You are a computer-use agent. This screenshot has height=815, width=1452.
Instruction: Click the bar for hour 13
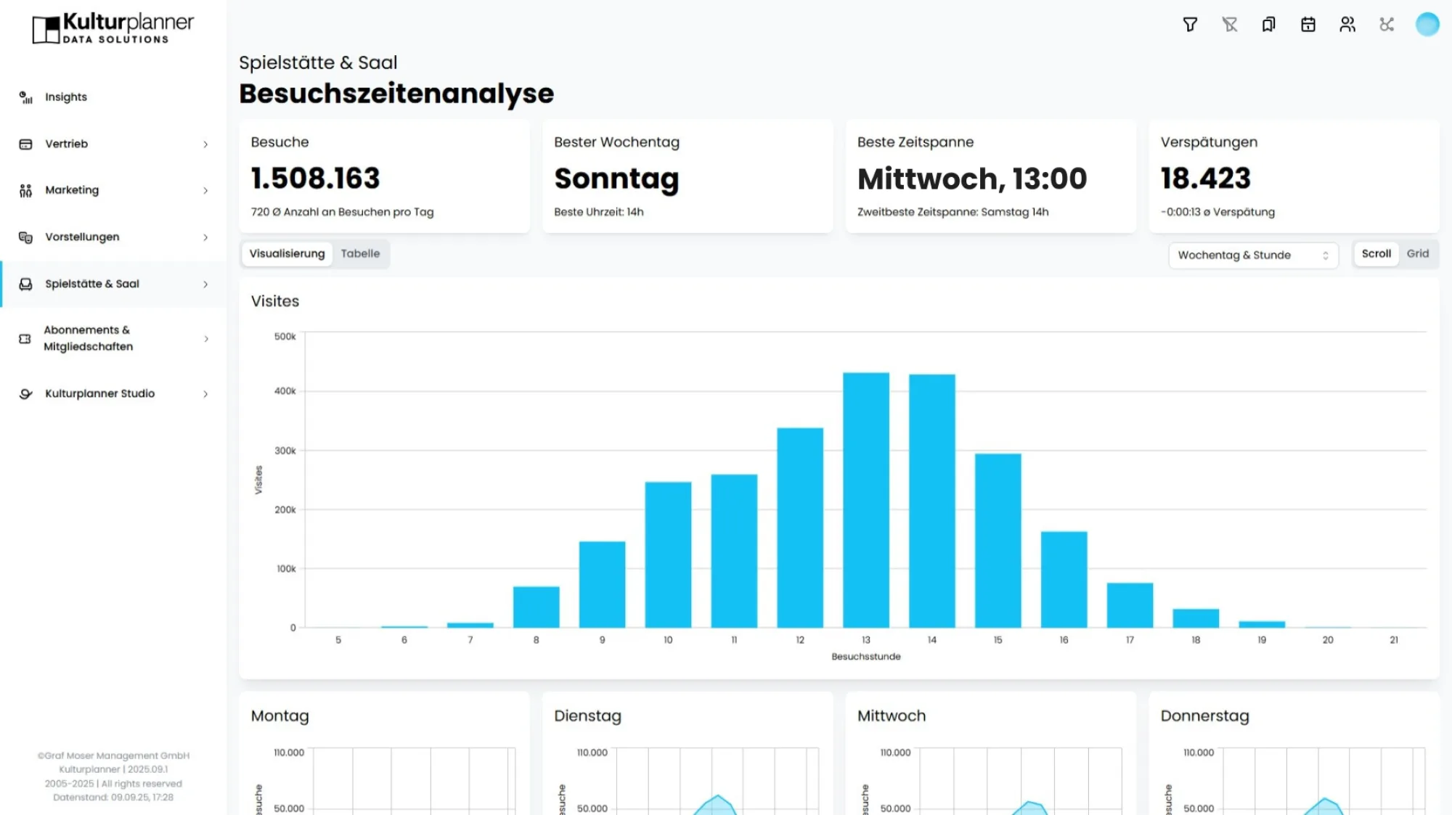tap(865, 500)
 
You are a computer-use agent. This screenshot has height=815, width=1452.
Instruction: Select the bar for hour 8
tap(536, 607)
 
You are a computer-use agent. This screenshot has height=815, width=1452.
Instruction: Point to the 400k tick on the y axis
tap(285, 391)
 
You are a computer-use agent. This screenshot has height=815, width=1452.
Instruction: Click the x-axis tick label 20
tap(1327, 640)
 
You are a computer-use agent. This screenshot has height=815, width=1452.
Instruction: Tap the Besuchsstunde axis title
tap(865, 657)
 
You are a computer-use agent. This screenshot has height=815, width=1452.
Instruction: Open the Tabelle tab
tap(360, 254)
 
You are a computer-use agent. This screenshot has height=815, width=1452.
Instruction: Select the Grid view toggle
tap(1417, 254)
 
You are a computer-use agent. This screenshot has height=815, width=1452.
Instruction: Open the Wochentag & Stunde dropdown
tap(1252, 255)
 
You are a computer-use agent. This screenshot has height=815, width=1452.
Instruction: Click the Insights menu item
tap(66, 97)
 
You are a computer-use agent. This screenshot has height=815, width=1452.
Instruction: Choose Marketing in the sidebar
tap(72, 190)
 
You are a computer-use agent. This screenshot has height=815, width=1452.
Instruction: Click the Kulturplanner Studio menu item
tap(99, 393)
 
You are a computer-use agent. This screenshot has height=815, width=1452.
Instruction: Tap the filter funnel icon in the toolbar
tap(1190, 25)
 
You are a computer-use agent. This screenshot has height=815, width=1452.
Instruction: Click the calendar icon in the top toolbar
tap(1308, 25)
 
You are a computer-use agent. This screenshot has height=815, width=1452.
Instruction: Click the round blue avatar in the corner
tap(1427, 25)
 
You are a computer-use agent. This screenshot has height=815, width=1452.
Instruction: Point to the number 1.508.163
tap(315, 179)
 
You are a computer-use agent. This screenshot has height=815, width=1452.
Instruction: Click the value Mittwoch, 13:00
tap(971, 179)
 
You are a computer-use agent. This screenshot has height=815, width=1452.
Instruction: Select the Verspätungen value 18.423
tap(1205, 179)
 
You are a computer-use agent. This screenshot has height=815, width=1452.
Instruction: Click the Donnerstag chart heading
tap(1204, 716)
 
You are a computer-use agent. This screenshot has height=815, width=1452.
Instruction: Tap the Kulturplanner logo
tap(113, 28)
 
